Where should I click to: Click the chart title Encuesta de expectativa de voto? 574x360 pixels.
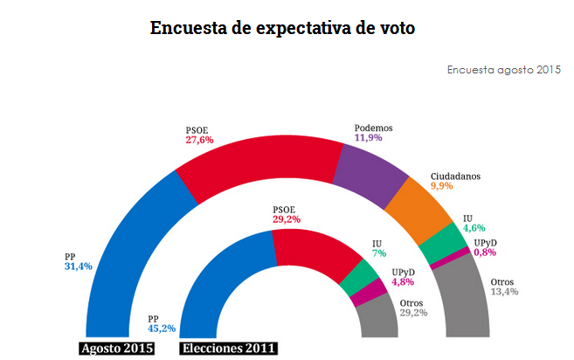(x=282, y=27)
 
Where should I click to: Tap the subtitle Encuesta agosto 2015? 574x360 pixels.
(x=503, y=69)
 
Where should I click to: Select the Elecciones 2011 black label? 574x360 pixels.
(x=229, y=349)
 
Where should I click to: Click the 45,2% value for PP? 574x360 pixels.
(x=162, y=329)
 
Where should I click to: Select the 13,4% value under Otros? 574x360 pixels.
(x=504, y=292)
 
